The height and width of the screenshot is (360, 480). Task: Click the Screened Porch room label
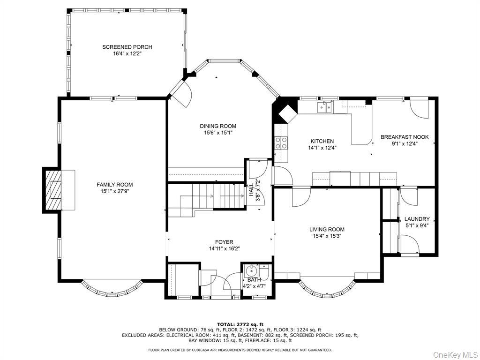pyautogui.click(x=127, y=47)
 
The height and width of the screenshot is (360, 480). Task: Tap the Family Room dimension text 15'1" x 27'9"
pyautogui.click(x=115, y=191)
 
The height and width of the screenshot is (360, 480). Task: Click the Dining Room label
pyautogui.click(x=218, y=126)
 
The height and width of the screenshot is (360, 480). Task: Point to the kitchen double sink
pyautogui.click(x=324, y=108)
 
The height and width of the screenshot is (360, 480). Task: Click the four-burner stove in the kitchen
pyautogui.click(x=281, y=142)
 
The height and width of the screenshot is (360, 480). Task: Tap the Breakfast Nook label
pyautogui.click(x=405, y=137)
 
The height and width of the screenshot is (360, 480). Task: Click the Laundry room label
pyautogui.click(x=417, y=219)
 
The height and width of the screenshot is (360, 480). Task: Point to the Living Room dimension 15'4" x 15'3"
pyautogui.click(x=327, y=236)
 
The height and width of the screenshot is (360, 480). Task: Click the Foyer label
pyautogui.click(x=224, y=242)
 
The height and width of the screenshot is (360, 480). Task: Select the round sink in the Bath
pyautogui.click(x=251, y=270)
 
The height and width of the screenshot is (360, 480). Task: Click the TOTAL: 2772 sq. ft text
pyautogui.click(x=240, y=324)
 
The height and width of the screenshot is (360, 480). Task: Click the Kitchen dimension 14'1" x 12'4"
pyautogui.click(x=322, y=148)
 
